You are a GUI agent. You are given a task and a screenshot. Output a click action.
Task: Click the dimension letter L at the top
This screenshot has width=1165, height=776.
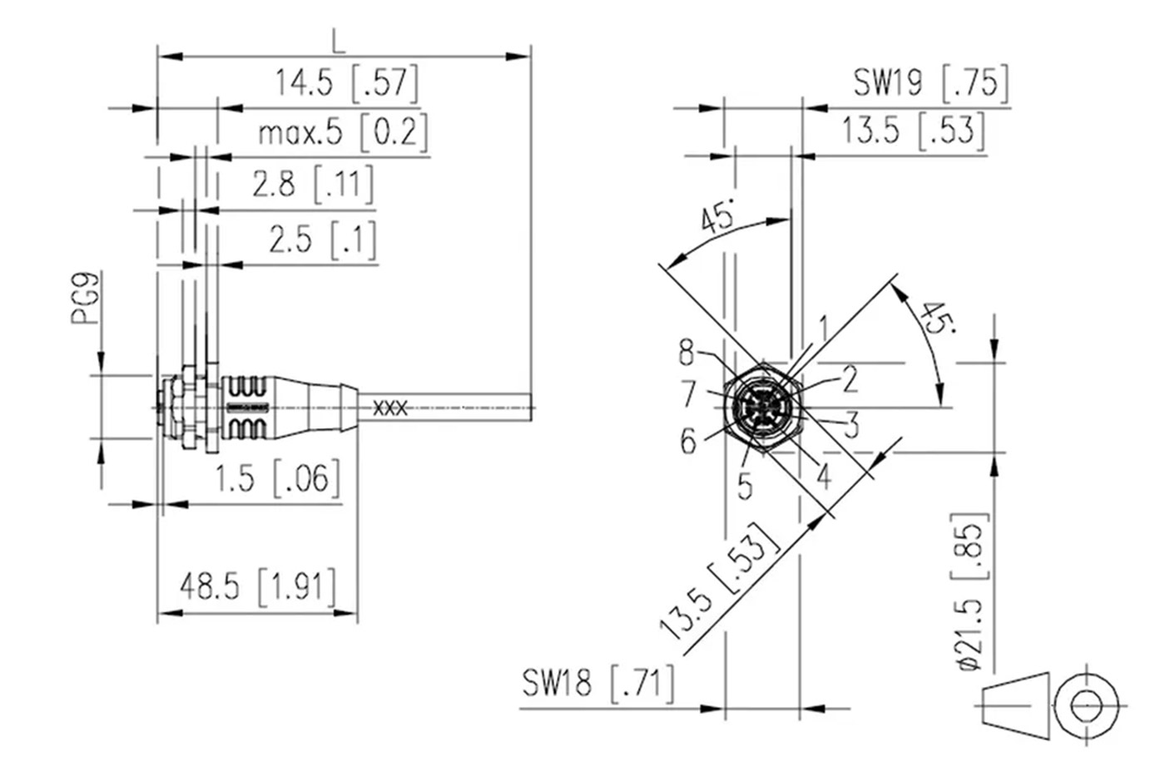click(x=337, y=39)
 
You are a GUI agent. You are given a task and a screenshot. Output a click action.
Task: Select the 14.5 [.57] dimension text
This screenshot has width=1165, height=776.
click(x=345, y=83)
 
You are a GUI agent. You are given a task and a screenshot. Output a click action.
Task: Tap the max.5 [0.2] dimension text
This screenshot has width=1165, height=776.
click(x=342, y=133)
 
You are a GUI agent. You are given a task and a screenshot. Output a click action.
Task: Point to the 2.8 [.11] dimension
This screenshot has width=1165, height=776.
click(x=313, y=184)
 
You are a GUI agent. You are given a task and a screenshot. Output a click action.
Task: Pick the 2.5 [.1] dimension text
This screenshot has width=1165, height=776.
click(x=322, y=240)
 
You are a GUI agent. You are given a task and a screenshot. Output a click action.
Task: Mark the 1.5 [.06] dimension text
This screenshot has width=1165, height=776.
click(x=278, y=478)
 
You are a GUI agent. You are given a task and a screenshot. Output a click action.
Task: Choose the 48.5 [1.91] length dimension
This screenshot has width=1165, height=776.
click(x=258, y=586)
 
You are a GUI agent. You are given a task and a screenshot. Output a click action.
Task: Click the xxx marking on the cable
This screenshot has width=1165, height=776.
click(x=389, y=408)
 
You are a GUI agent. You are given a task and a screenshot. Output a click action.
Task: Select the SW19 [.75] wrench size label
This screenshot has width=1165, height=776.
click(x=930, y=82)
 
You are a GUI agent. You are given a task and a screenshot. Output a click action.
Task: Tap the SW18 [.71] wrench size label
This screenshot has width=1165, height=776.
click(x=597, y=684)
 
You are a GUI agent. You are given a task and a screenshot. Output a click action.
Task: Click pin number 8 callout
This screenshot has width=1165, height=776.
click(x=686, y=353)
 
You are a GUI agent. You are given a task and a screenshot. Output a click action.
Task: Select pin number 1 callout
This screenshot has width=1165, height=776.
click(x=822, y=328)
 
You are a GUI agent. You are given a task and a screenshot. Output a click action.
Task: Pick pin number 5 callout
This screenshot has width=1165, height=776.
click(x=745, y=485)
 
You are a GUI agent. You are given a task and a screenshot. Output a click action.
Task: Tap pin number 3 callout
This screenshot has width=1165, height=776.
click(x=850, y=426)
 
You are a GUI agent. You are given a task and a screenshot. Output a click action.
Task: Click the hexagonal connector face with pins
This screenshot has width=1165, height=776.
click(x=761, y=408)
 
